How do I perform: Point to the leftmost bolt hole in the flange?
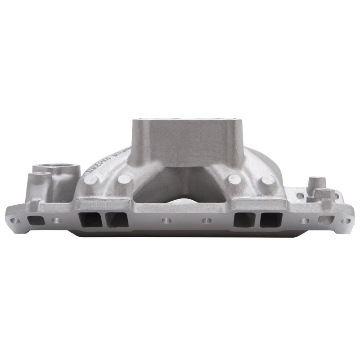(x=15, y=221)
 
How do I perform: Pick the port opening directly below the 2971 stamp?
(x=90, y=220)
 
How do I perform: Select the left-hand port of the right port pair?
(x=244, y=220)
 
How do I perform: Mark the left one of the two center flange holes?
(x=166, y=221)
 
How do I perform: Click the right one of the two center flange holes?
(x=207, y=221)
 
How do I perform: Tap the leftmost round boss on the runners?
(x=90, y=180)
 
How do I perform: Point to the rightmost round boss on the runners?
(x=268, y=180)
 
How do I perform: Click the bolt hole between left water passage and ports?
(x=56, y=221)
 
